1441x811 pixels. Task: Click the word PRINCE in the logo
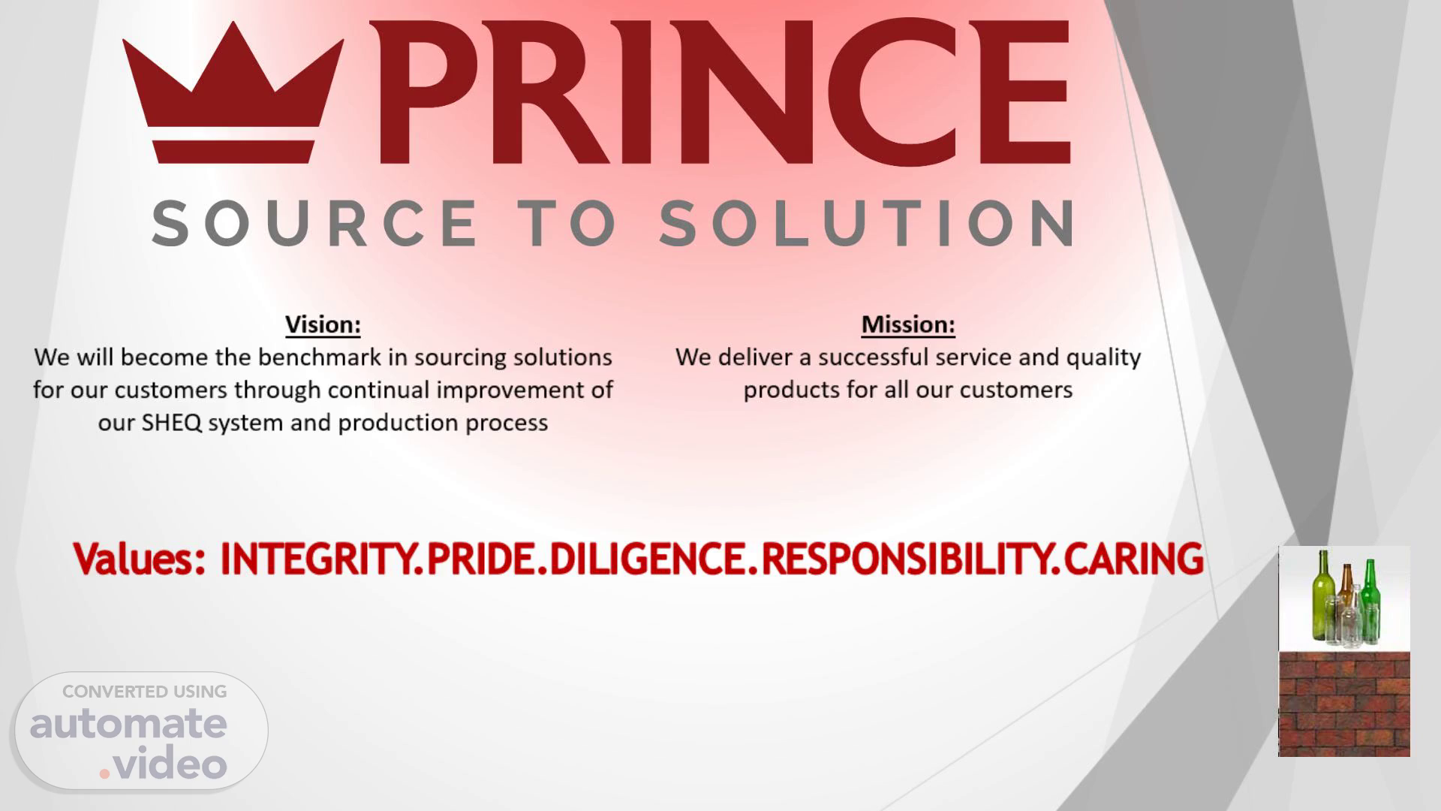point(719,92)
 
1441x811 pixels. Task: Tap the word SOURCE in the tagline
point(314,223)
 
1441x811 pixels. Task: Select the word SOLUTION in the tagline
point(866,223)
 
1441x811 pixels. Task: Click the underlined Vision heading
point(323,324)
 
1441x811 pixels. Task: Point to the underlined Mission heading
point(908,324)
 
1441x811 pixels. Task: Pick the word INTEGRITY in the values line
point(315,559)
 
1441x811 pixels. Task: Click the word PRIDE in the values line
point(481,559)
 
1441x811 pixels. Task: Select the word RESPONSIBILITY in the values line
point(905,559)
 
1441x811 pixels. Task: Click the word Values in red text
point(140,559)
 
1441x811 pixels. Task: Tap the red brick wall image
point(1344,704)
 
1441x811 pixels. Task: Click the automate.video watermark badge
point(141,731)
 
